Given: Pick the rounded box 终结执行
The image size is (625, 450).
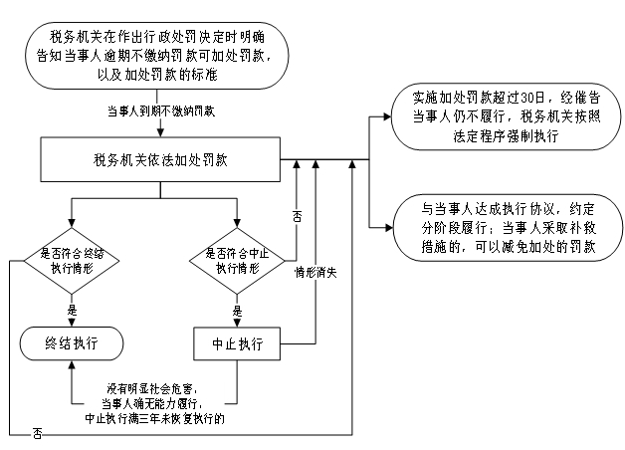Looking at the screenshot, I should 71,343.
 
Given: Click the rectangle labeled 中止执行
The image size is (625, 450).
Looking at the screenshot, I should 237,343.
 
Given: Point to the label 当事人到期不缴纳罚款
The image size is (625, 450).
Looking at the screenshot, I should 159,112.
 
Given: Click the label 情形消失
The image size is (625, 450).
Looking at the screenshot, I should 315,271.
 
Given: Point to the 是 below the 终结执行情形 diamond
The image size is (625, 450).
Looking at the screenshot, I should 71,310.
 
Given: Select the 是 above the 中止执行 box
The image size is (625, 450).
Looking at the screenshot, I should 237,310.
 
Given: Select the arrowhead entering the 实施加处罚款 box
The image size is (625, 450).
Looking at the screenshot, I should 387,119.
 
